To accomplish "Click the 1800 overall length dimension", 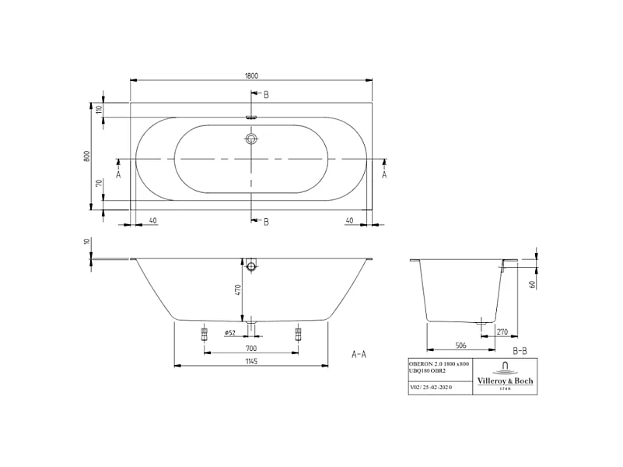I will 251,75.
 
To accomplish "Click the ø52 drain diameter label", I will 230,333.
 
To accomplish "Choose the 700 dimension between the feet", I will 251,348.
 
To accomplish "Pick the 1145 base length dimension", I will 251,362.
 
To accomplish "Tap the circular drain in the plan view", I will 251,139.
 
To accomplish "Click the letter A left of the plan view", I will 118,175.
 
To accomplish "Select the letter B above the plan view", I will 266,95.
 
